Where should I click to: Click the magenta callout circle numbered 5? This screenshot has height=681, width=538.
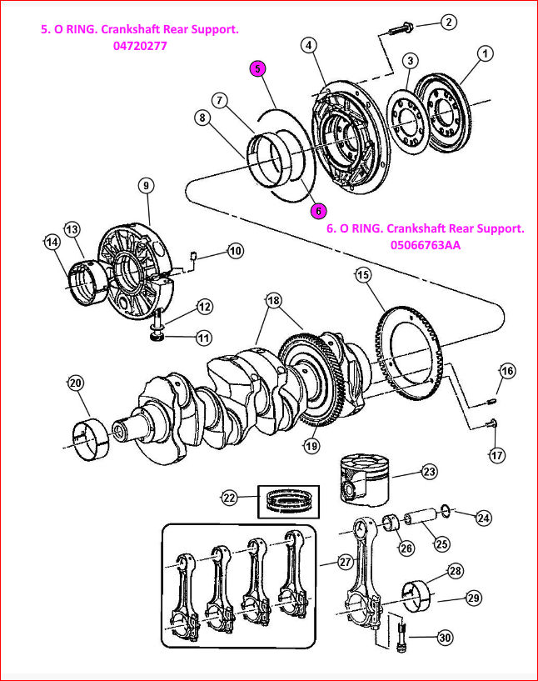257,68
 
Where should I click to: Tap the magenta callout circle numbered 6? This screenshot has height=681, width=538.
318,211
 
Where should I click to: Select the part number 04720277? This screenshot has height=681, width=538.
140,46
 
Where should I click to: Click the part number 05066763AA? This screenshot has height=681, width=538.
426,245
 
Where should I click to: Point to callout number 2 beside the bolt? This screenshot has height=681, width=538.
449,22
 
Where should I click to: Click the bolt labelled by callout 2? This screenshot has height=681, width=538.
401,28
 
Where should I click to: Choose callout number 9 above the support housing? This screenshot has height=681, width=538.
147,185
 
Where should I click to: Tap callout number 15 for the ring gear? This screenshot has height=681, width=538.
363,274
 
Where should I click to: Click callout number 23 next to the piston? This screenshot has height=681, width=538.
429,471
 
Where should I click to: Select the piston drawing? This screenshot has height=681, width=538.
364,480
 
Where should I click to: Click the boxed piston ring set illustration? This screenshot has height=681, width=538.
288,502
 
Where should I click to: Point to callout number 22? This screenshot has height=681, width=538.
230,498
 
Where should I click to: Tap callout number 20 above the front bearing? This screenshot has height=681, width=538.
76,383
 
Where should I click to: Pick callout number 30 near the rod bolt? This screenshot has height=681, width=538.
445,638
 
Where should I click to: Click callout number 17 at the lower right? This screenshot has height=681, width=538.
497,455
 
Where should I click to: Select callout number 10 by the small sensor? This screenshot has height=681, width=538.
235,251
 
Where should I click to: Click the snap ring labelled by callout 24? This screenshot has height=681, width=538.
446,511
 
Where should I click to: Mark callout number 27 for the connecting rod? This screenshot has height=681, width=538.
345,562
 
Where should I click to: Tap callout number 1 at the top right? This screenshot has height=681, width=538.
485,53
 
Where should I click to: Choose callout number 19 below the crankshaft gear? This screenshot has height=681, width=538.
311,446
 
